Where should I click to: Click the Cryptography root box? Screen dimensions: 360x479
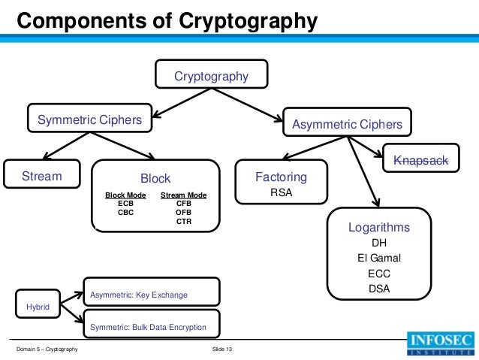211,76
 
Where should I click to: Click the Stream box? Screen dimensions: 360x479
41,177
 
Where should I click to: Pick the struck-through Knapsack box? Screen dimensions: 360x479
420,160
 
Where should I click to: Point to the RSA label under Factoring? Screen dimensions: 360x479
281,192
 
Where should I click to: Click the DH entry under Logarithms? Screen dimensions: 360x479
379,243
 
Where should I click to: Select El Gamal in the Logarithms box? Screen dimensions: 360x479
379,258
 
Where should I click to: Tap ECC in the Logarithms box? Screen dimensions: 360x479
379,273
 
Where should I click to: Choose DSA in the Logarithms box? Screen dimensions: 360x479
379,288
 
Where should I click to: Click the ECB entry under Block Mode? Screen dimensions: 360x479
125,203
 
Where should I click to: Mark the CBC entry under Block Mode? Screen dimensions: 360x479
125,212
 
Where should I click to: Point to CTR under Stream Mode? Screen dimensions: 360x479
183,221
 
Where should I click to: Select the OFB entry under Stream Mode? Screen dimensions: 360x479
183,212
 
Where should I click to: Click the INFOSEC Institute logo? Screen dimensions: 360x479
441,346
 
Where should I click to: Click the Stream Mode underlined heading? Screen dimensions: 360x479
183,195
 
